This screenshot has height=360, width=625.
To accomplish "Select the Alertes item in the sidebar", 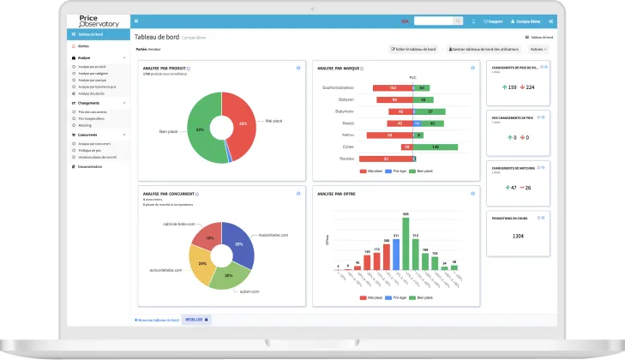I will click(83, 45).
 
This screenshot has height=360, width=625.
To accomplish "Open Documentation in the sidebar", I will click(90, 166).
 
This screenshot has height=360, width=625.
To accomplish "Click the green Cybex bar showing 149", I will click(436, 147).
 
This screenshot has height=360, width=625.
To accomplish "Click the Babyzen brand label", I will click(340, 99).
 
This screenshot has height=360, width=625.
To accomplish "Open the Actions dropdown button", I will click(538, 50).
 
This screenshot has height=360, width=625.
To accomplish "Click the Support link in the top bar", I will click(494, 21).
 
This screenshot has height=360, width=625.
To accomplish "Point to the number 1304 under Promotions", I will click(518, 235).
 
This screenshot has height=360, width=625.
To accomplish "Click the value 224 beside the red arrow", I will click(530, 87).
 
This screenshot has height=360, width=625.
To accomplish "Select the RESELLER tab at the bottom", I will click(195, 319).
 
